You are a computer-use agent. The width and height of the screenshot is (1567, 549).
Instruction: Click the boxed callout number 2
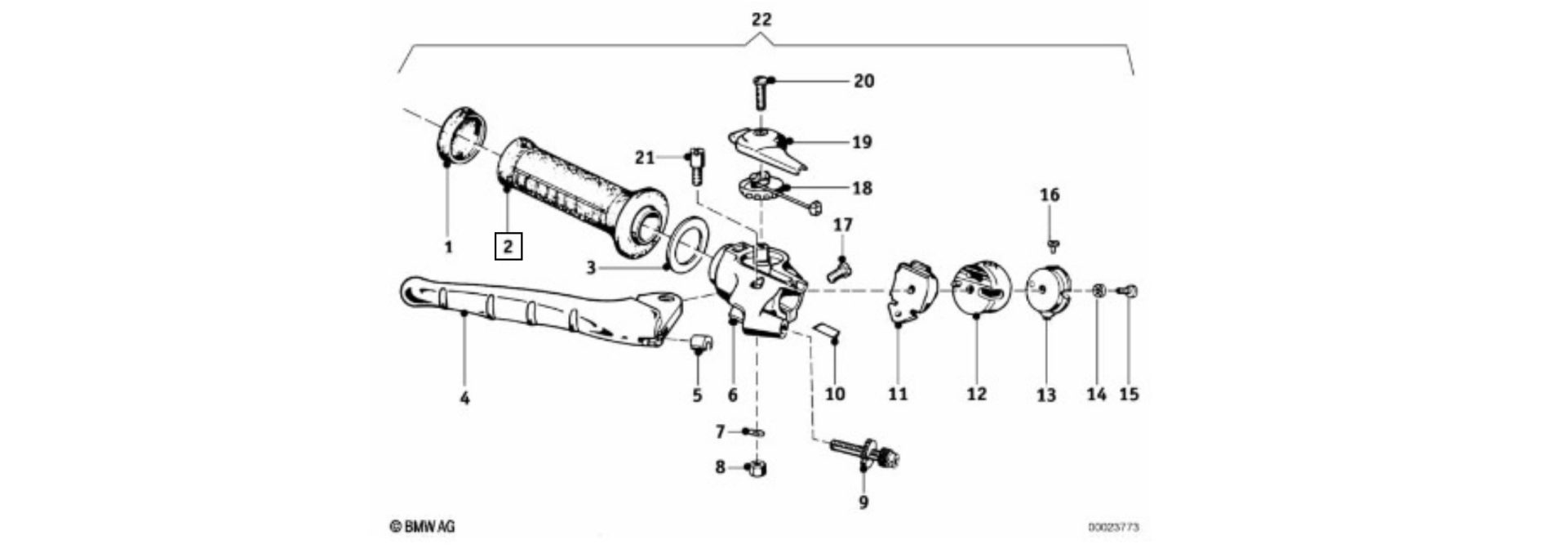click(x=508, y=245)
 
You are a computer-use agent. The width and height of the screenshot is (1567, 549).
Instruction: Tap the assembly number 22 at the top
click(x=761, y=19)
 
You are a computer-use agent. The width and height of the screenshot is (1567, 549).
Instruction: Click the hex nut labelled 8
click(x=757, y=468)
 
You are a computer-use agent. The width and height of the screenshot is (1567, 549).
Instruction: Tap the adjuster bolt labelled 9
click(x=865, y=453)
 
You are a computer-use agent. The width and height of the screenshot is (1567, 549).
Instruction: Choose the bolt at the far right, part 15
click(x=1130, y=289)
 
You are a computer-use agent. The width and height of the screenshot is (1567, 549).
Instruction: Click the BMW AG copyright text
click(x=422, y=527)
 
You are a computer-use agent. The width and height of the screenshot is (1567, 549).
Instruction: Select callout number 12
click(x=976, y=394)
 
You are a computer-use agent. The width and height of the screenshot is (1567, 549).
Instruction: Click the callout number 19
click(x=862, y=142)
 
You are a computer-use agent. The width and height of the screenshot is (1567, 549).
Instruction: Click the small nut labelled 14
click(x=1099, y=290)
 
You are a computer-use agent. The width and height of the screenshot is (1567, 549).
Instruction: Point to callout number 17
click(x=842, y=224)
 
